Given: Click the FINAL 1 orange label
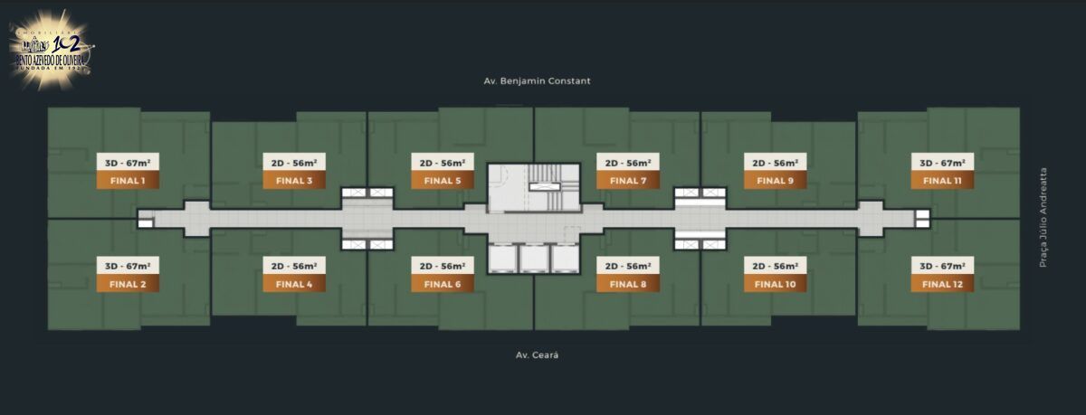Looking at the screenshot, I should tap(128, 181).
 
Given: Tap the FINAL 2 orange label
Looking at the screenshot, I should tap(128, 284).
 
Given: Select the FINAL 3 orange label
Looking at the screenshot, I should tap(294, 181).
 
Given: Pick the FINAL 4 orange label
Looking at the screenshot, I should tap(294, 284).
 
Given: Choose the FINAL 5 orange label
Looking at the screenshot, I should tap(443, 181).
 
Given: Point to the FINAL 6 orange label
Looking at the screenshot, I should tap(443, 284).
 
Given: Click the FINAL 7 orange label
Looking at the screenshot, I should tap(628, 181).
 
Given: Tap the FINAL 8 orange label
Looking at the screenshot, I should tap(628, 284).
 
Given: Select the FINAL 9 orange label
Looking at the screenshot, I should tap(776, 181).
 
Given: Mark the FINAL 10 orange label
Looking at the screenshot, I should tap(776, 284).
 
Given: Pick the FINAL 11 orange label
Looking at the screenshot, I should tap(942, 181).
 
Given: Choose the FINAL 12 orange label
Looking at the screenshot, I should tap(942, 284).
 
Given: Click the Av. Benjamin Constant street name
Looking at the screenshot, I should tap(537, 80).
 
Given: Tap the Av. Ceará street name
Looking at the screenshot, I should tap(537, 354).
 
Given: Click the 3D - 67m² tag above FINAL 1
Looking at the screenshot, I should tap(128, 163).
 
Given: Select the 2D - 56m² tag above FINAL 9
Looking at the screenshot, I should tap(776, 163).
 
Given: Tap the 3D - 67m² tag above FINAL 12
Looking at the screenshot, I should tap(942, 266).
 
